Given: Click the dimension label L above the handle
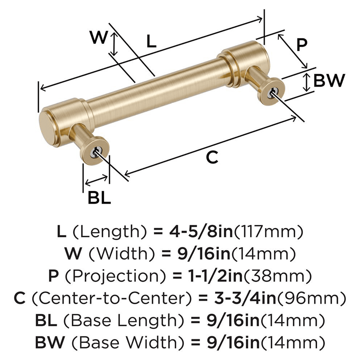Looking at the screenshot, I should click(x=152, y=42).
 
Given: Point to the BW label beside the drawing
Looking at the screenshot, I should click(x=329, y=81).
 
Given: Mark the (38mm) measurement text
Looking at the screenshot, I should click(x=280, y=276).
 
